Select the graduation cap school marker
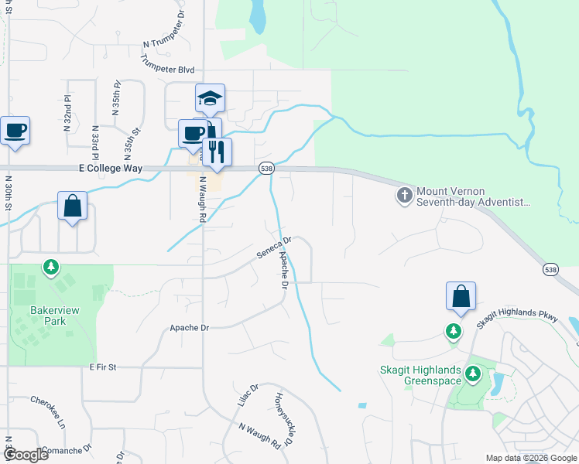(210, 99)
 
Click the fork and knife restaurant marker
(217, 151)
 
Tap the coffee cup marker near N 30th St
(15, 131)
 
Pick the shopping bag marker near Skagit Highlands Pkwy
(461, 297)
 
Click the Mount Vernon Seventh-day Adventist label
(473, 196)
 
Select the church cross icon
(404, 196)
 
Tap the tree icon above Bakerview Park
(51, 268)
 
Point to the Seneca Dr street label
(274, 249)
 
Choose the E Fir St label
(101, 366)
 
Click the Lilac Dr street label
(247, 394)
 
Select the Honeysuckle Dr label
(283, 419)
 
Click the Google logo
(26, 454)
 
